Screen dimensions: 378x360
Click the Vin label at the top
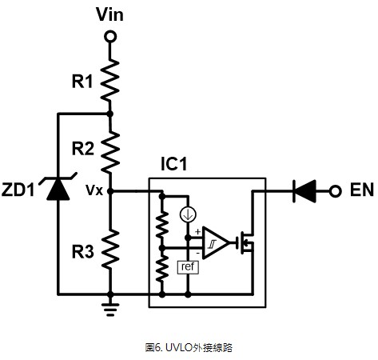click(109, 14)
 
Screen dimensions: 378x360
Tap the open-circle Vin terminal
click(110, 37)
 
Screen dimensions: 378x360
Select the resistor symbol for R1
click(109, 80)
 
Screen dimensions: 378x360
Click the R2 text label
click(83, 149)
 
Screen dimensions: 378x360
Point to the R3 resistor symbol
click(110, 249)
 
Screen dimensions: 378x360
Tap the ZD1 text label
click(18, 190)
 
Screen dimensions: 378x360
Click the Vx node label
click(94, 190)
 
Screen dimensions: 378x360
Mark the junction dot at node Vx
click(110, 191)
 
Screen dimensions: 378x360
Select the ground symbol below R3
click(110, 308)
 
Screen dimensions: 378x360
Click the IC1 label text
click(174, 163)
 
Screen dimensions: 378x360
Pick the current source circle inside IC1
click(188, 214)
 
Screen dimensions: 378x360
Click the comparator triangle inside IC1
click(216, 242)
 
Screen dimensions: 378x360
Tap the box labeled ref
click(188, 267)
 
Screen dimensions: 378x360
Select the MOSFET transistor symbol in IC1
click(245, 242)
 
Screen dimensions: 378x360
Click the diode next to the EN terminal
click(304, 191)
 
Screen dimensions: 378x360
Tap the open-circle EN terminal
click(335, 191)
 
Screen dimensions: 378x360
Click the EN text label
click(361, 190)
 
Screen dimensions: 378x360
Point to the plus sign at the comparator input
click(197, 232)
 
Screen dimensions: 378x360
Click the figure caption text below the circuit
click(189, 347)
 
